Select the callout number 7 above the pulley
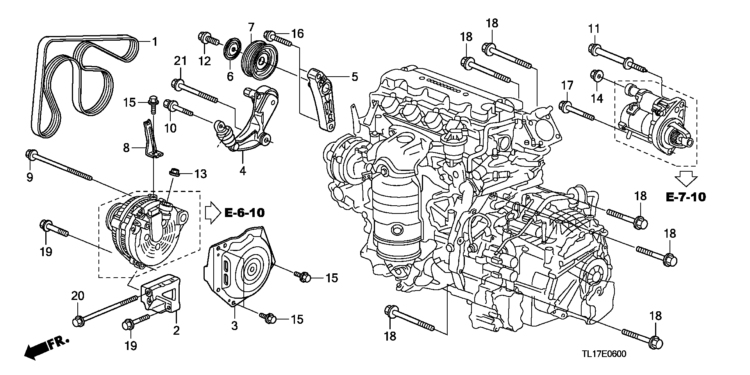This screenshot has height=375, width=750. pyautogui.click(x=251, y=27)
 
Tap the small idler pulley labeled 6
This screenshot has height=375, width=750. pyautogui.click(x=231, y=50)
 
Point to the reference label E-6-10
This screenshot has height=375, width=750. pyautogui.click(x=245, y=213)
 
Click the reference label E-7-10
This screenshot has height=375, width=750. pyautogui.click(x=686, y=197)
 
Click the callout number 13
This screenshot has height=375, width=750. pyautogui.click(x=200, y=174)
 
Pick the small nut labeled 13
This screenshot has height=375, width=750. pyautogui.click(x=174, y=172)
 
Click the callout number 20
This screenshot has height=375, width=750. pyautogui.click(x=78, y=296)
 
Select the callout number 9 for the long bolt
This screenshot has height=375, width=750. pyautogui.click(x=30, y=177)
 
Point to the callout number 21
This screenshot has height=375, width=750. pyautogui.click(x=180, y=61)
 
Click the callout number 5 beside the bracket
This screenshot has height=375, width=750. pyautogui.click(x=354, y=77)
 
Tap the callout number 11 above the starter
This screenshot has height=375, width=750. pyautogui.click(x=594, y=29)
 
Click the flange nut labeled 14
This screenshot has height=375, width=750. pyautogui.click(x=596, y=75)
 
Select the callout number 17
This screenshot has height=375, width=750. pyautogui.click(x=567, y=85)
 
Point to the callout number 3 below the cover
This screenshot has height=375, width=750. pyautogui.click(x=234, y=326)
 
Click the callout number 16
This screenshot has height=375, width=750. pyautogui.click(x=297, y=34)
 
